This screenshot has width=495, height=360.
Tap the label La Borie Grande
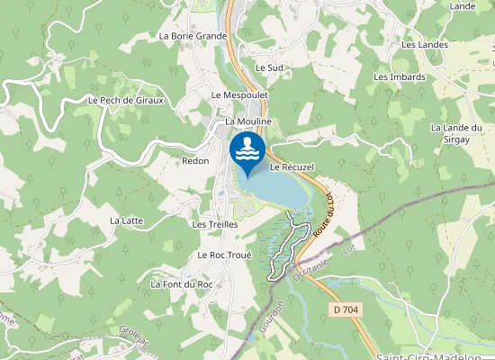tap(193, 36)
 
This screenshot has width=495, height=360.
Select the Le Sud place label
tap(269, 67)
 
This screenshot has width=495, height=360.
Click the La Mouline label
tap(248, 121)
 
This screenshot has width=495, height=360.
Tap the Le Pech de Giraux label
tap(126, 100)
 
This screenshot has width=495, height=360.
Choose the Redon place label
tap(195, 161)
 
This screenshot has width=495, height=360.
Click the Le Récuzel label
tap(291, 167)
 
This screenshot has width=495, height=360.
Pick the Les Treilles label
tap(215, 223)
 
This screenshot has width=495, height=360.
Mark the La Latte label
tap(127, 220)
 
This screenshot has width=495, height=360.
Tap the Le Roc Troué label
tap(224, 255)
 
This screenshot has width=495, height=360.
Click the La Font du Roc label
tap(182, 284)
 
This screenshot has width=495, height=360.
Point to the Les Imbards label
tap(400, 76)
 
